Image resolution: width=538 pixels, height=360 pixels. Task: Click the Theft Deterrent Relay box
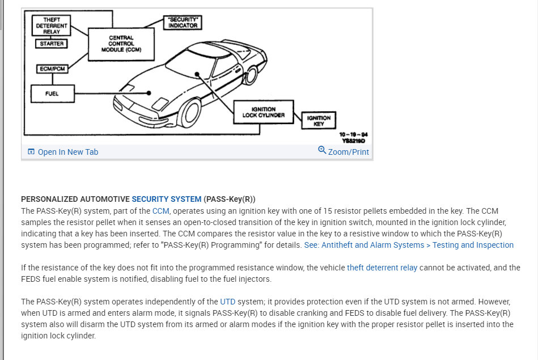point(52,26)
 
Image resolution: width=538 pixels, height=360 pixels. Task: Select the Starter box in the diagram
point(52,44)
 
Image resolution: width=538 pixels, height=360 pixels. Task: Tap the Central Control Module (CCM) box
point(121,44)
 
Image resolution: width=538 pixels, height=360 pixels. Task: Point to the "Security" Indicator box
point(183,22)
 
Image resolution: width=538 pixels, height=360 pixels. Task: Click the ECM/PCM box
point(52,69)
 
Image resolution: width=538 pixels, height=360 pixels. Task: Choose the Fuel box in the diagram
point(52,93)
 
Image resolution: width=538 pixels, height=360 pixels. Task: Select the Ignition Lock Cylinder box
point(264,112)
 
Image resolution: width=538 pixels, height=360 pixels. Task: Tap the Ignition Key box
point(319,121)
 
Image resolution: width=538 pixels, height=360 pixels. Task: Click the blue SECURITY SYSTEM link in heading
point(166,199)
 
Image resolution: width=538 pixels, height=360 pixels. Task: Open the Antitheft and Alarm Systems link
point(409,245)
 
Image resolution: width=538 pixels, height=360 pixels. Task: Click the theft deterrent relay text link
point(382,268)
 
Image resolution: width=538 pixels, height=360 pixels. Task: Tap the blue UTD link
point(227,302)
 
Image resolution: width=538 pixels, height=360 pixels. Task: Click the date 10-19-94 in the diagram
point(354,134)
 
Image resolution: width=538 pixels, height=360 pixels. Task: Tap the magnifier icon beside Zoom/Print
point(322,150)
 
